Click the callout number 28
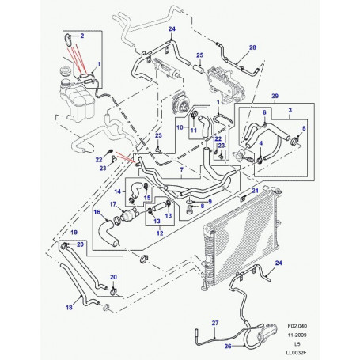point(252,47)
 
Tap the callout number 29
point(275,96)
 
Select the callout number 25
point(199,55)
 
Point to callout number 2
point(82,36)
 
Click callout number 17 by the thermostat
point(113,204)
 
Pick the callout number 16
point(97,212)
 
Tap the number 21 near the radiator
point(255,191)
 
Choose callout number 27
point(215,323)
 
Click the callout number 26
point(228,346)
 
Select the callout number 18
point(69,308)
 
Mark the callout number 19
point(74,233)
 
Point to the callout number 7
point(181,170)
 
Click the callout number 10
point(180,127)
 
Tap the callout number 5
point(304,128)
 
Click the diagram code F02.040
point(297,326)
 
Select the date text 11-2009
point(297,335)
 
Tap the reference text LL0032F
point(297,353)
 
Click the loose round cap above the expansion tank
point(65,71)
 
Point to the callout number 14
point(118,191)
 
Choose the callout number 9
point(210,202)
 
